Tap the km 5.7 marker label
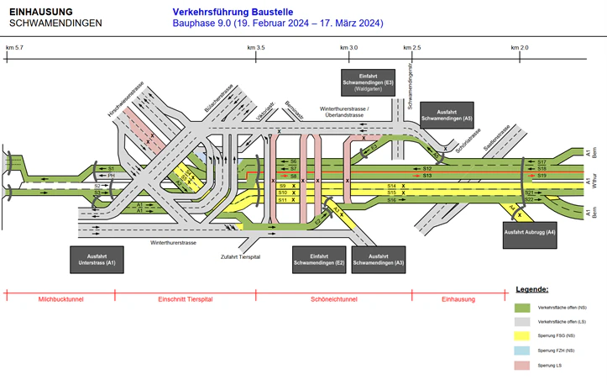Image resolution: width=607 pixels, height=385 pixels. click(14, 49)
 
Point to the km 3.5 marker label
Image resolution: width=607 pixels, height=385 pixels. click(257, 49)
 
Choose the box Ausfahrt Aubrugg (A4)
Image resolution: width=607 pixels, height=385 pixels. click(529, 235)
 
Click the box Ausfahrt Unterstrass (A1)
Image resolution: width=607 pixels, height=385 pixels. click(97, 259)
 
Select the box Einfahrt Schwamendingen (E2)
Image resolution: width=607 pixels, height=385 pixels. click(318, 259)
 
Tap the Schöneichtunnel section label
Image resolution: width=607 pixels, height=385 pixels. click(333, 299)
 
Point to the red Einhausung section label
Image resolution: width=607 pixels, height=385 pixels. click(458, 299)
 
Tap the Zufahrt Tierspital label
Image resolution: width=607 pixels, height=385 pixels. click(240, 256)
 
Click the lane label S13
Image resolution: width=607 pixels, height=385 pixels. click(426, 176)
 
